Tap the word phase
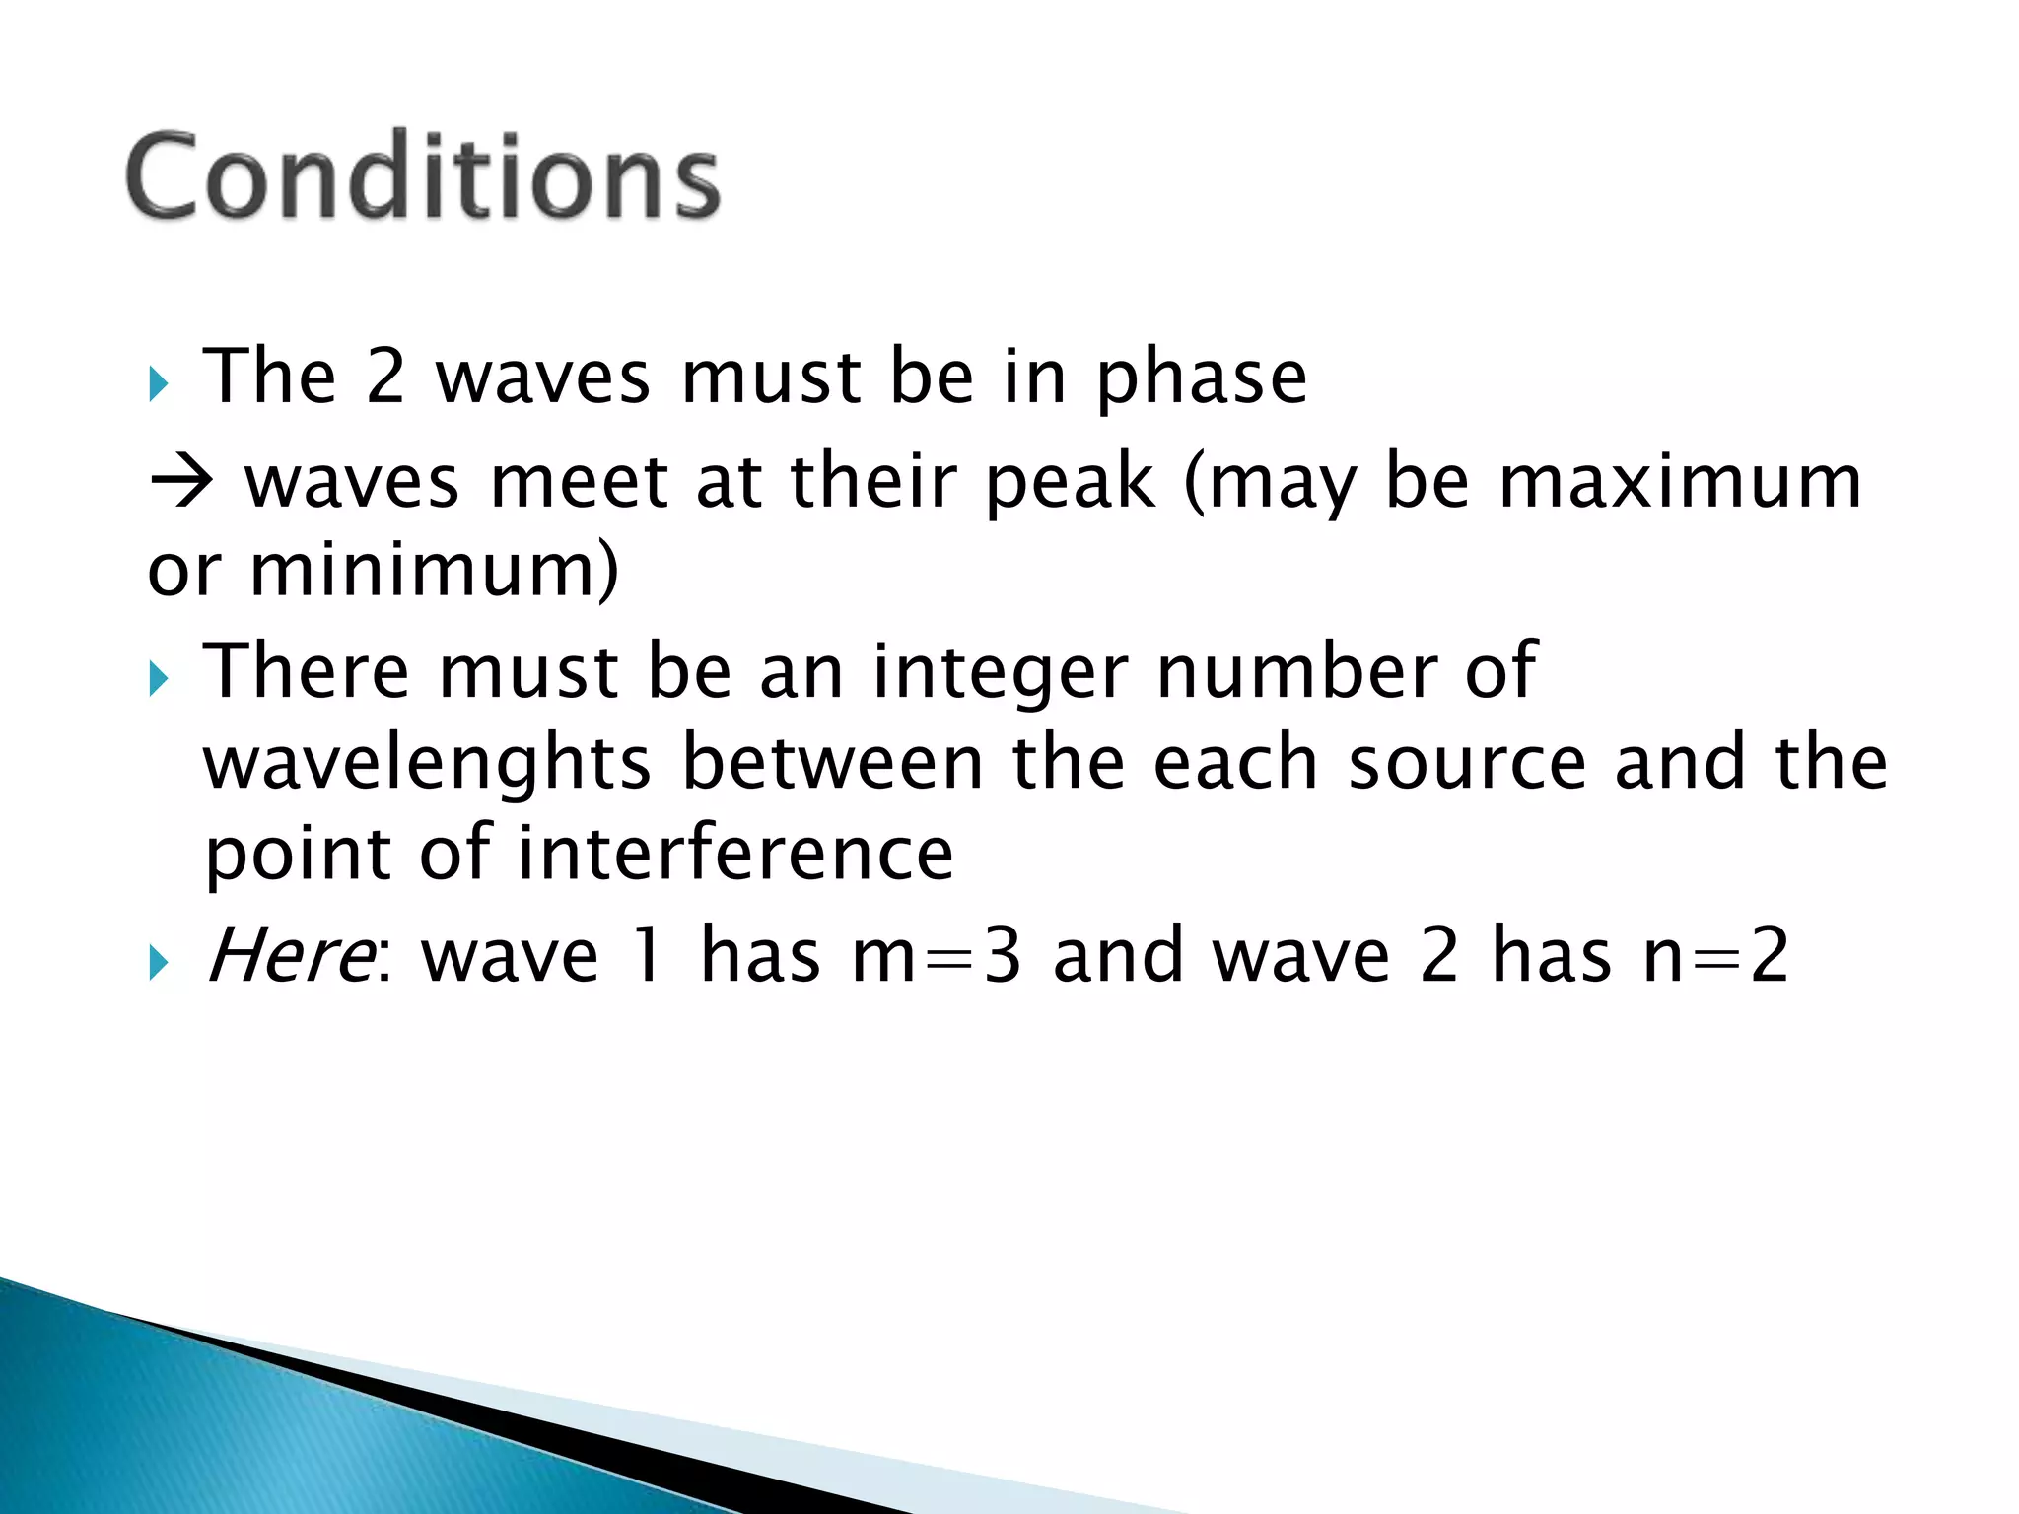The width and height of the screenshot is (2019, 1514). click(1202, 379)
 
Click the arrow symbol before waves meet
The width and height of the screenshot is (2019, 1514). click(182, 483)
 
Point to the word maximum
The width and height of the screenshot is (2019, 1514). click(1680, 482)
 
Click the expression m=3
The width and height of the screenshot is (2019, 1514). click(936, 955)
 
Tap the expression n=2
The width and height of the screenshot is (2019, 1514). click(1715, 955)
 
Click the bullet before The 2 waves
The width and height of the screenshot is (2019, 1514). click(159, 382)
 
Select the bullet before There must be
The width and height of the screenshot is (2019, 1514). click(159, 678)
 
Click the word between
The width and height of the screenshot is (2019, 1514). click(833, 764)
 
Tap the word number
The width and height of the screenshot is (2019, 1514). click(1295, 672)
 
